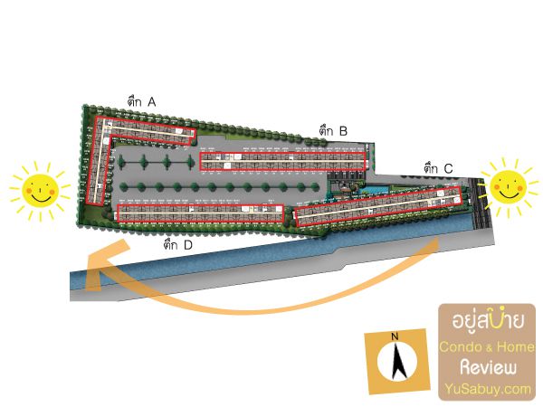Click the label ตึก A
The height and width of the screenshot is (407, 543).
(142, 103)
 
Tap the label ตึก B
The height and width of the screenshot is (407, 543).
(333, 131)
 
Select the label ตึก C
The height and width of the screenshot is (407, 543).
(438, 167)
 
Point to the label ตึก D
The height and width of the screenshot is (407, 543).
(178, 244)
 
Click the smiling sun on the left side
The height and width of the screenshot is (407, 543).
(39, 190)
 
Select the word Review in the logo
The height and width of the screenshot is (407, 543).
(487, 368)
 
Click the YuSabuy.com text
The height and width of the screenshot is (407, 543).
(487, 389)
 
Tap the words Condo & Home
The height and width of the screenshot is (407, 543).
(487, 346)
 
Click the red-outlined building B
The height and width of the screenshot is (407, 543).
(281, 160)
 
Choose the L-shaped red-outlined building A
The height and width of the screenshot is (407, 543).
(100, 154)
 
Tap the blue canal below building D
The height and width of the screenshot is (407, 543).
(226, 262)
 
